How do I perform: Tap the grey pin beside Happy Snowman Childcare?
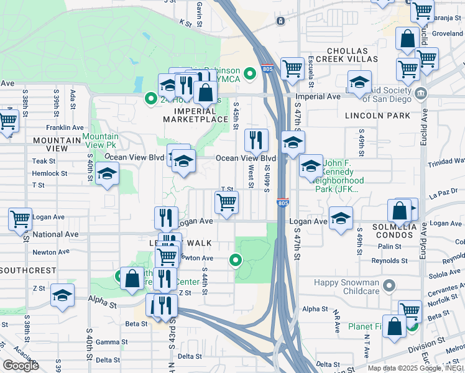(389, 286)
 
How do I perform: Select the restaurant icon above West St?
(256, 140)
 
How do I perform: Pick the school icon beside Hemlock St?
(107, 175)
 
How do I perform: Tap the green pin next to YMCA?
(250, 74)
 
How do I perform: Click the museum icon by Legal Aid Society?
(421, 93)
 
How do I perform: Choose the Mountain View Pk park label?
(100, 140)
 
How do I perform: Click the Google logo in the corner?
(21, 366)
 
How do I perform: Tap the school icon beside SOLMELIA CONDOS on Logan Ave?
(340, 218)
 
